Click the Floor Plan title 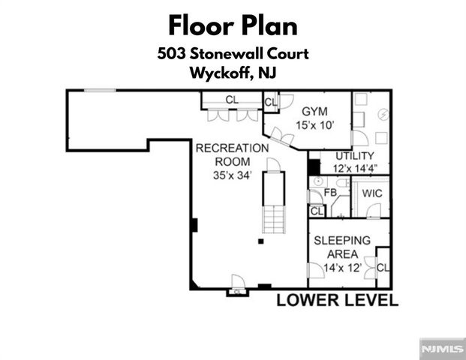click(x=233, y=25)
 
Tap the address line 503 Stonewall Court click(x=233, y=54)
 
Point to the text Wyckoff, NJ click(x=233, y=73)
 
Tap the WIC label click(x=372, y=193)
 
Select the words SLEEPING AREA click(x=341, y=247)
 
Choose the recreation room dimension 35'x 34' click(x=232, y=175)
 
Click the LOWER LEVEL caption click(x=337, y=301)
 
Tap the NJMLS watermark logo click(x=441, y=349)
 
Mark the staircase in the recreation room click(x=273, y=202)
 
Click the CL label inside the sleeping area click(x=383, y=268)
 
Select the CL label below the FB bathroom click(x=316, y=211)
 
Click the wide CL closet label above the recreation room click(x=232, y=99)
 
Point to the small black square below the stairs click(x=260, y=241)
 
